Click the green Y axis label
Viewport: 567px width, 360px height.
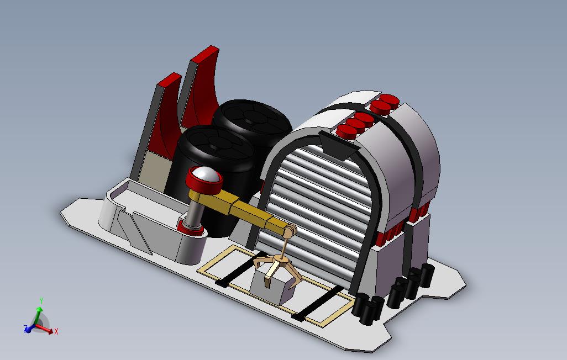[41, 301]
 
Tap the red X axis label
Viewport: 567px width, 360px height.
[56, 331]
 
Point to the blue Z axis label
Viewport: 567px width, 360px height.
[25, 328]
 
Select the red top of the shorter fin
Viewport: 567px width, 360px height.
[169, 80]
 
